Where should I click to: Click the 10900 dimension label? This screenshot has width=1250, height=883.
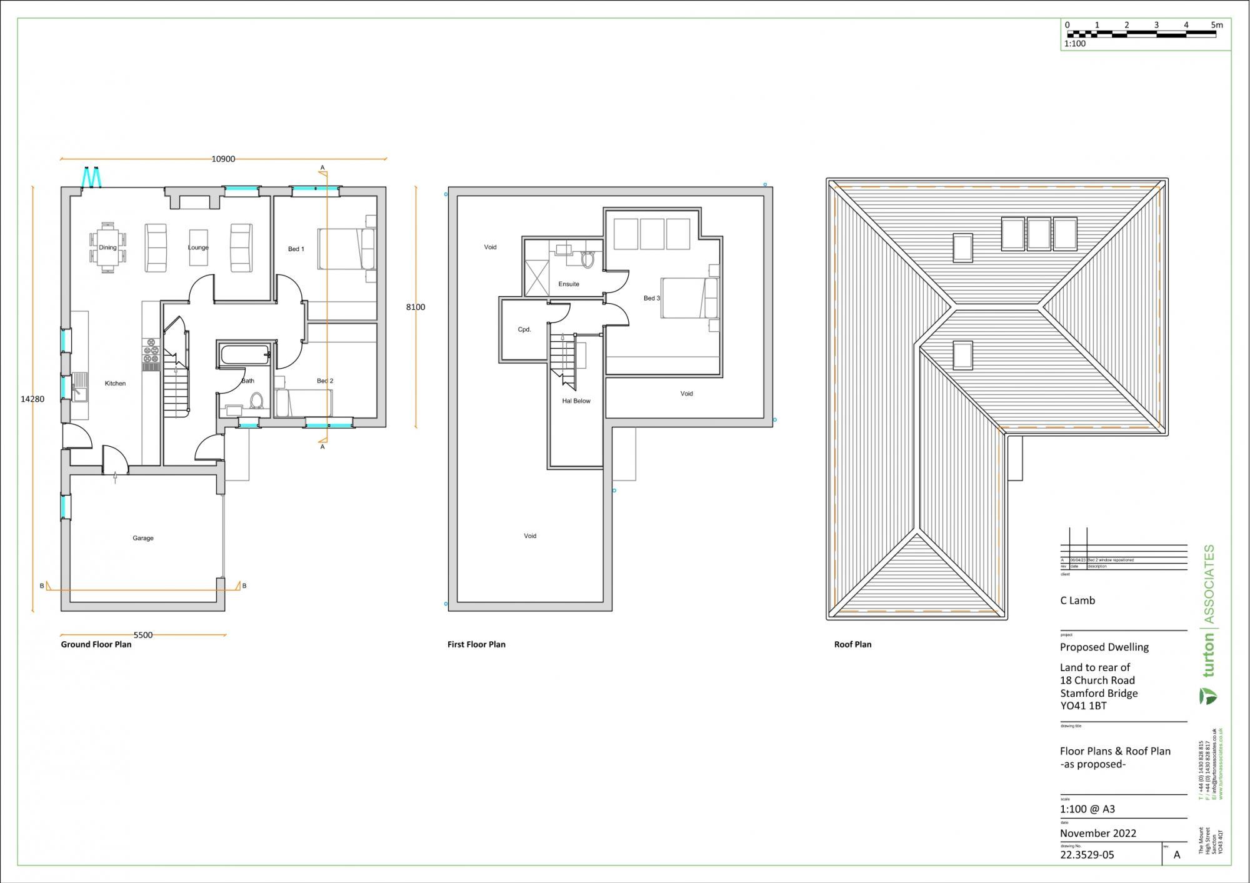click(x=223, y=159)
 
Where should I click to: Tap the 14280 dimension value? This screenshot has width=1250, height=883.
click(x=32, y=399)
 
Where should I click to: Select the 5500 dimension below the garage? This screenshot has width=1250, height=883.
click(x=142, y=635)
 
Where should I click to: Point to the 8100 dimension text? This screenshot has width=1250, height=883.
click(x=416, y=307)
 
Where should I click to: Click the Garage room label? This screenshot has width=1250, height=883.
click(x=142, y=538)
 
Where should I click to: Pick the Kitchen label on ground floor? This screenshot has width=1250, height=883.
click(x=115, y=383)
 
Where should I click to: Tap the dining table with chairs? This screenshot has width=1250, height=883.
click(x=107, y=247)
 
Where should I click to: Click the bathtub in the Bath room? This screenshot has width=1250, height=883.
click(x=244, y=355)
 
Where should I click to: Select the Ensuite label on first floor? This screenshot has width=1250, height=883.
click(x=569, y=284)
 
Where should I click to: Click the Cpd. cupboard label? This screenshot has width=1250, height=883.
click(x=524, y=329)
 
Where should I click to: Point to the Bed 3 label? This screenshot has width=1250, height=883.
click(x=651, y=298)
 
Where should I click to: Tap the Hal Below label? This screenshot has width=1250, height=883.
click(x=576, y=401)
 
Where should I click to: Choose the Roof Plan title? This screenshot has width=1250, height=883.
click(x=852, y=644)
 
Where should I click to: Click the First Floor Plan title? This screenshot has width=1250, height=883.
click(x=476, y=644)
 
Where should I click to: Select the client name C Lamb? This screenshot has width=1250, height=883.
click(x=1077, y=601)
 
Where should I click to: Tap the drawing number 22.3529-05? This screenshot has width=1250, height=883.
click(x=1087, y=855)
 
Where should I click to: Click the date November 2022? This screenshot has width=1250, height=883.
click(x=1097, y=833)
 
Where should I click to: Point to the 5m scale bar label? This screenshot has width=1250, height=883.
click(x=1216, y=25)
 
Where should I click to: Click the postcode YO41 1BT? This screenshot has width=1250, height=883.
click(x=1083, y=706)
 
